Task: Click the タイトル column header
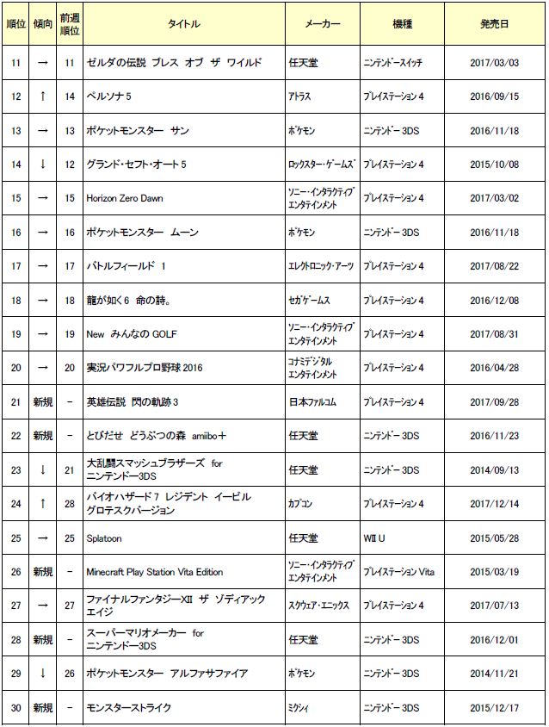(184, 23)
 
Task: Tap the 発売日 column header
(494, 23)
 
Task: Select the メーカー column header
(323, 23)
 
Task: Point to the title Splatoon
(106, 537)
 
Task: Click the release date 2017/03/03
(494, 63)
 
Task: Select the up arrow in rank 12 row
(42, 96)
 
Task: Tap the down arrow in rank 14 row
(42, 165)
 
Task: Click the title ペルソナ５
(109, 96)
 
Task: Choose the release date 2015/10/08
(494, 165)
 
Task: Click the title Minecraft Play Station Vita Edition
(155, 571)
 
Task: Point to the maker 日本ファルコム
(312, 402)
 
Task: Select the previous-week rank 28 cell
(70, 504)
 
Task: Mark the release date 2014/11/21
(494, 674)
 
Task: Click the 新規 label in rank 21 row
(42, 402)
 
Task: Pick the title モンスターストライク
(129, 707)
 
